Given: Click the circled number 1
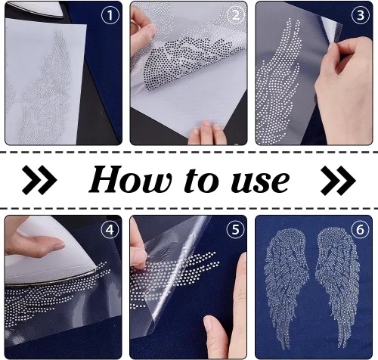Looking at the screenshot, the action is click(110, 15).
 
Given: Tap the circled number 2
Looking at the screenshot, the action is click(236, 15).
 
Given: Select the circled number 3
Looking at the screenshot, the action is click(361, 15).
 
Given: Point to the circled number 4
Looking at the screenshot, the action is click(110, 229).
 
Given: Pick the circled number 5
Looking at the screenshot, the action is click(235, 229).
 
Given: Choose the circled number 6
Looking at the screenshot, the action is click(360, 229).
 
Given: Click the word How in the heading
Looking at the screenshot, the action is click(131, 179).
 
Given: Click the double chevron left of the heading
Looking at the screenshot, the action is click(39, 180).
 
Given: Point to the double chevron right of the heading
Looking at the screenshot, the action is click(338, 180).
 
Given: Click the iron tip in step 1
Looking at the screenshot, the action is click(38, 9).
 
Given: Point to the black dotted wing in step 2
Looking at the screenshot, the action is click(191, 62).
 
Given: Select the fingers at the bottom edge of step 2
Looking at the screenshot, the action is click(207, 133).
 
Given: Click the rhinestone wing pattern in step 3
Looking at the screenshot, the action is click(278, 81).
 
